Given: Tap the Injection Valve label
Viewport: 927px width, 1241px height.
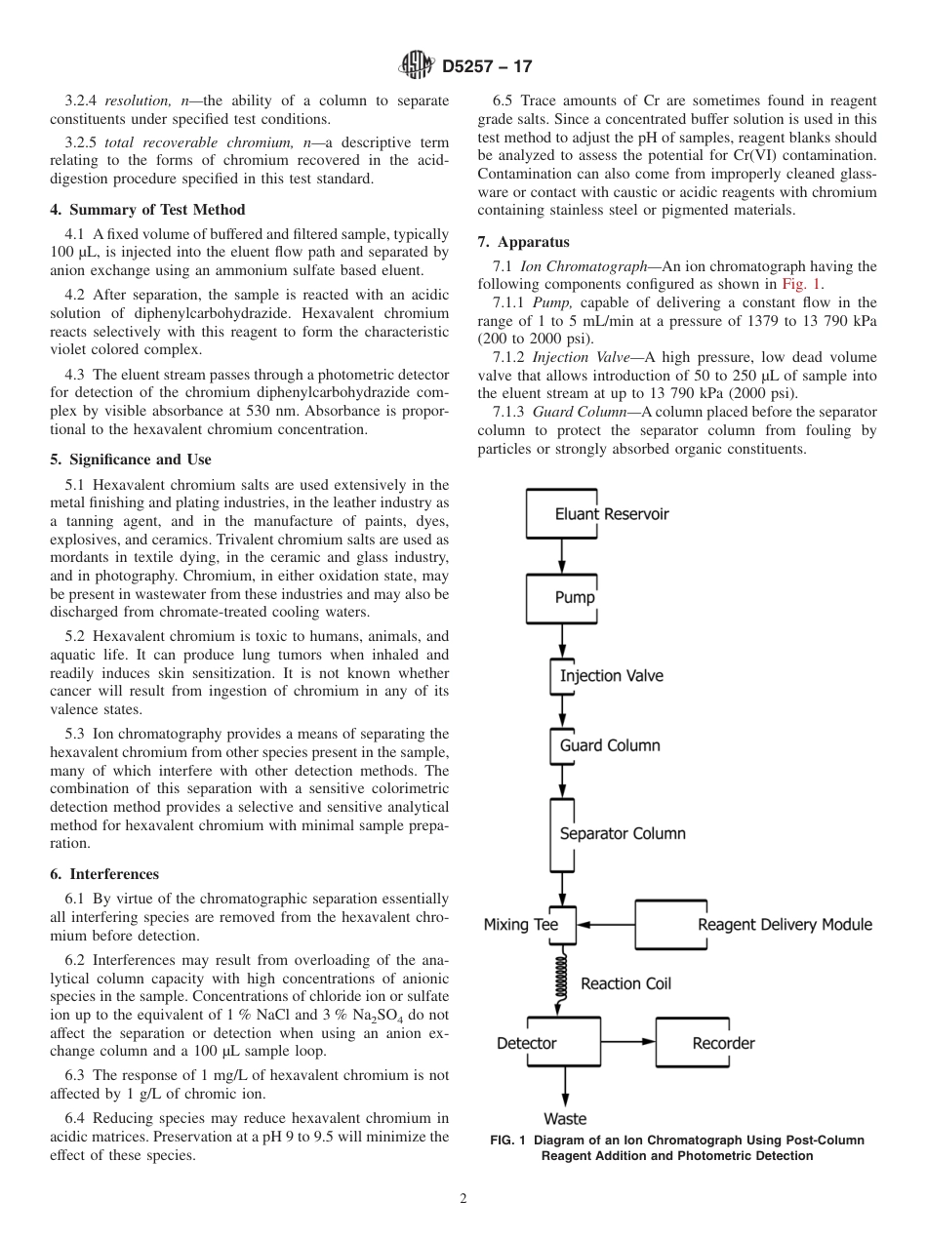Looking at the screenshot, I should (611, 676).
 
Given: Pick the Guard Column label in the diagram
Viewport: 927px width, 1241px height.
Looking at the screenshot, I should (609, 745).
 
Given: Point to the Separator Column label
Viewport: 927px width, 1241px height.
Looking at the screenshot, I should (622, 834).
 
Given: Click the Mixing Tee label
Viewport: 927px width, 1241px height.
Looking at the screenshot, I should (520, 924).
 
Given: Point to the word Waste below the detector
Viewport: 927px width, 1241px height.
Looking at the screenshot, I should (564, 1119).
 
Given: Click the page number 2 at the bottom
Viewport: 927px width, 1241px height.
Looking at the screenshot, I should (463, 1199).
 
